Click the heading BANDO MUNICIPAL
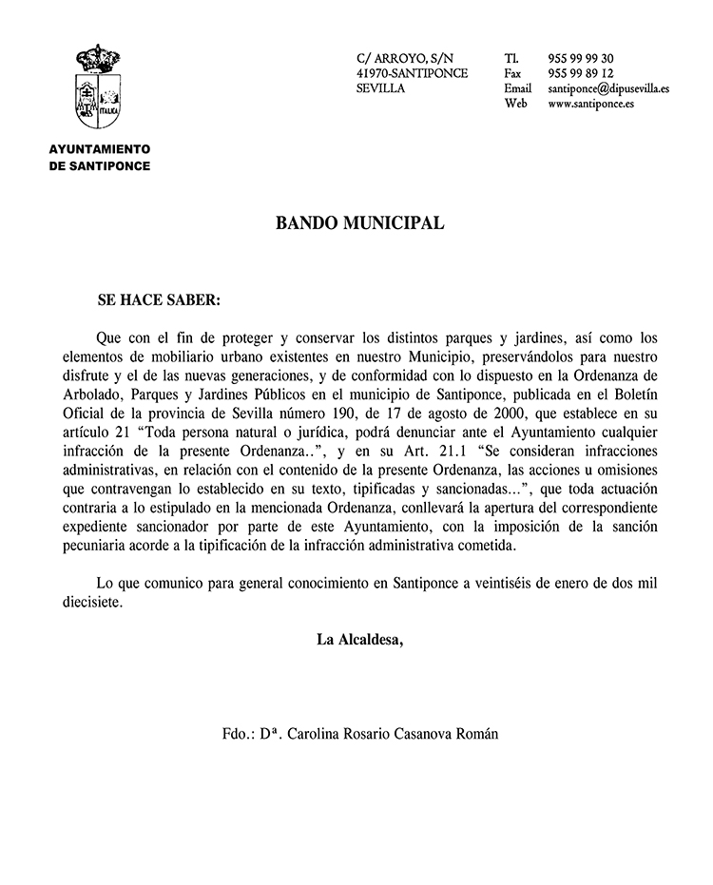359,223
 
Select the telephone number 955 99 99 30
581,58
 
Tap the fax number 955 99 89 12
581,73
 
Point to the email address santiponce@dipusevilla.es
608,88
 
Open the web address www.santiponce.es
591,104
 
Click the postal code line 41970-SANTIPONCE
412,73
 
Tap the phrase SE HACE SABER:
159,299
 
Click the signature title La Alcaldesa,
359,639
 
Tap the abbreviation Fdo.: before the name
238,734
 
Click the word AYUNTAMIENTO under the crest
100,149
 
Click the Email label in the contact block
517,88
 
